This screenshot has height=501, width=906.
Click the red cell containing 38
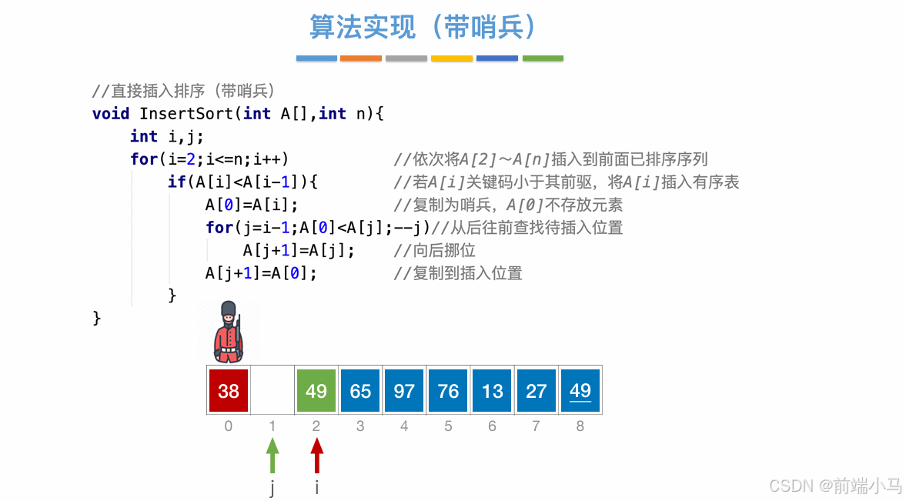229,390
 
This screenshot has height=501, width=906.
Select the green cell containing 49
316,390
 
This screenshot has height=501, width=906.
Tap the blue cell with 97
404,390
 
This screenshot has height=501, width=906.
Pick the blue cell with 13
493,390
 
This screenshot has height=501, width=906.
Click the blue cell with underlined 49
580,390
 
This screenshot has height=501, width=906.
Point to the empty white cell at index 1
272,390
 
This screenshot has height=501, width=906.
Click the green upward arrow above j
272,455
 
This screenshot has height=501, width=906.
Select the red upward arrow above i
316,455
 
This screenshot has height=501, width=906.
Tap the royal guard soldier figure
228,332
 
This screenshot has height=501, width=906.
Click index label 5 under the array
448,426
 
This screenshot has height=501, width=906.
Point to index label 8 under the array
580,426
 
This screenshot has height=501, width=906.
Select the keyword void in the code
111,113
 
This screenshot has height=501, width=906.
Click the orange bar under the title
361,58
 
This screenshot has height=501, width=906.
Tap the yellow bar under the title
452,58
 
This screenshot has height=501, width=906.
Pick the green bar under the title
543,58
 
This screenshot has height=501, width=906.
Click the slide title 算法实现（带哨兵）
423,27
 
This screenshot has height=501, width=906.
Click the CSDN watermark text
835,485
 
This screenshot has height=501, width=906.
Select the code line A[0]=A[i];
252,205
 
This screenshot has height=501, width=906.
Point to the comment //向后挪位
434,250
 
